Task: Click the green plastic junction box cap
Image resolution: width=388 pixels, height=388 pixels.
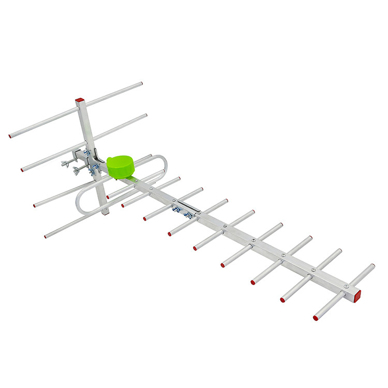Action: pos(121,166)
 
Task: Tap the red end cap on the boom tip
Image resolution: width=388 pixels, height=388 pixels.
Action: pos(356,295)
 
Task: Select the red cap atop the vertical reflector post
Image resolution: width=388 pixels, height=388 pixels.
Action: pos(79,100)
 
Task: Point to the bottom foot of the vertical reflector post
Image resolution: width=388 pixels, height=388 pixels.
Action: pos(105,211)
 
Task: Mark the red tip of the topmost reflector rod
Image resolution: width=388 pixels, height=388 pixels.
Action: pos(10,136)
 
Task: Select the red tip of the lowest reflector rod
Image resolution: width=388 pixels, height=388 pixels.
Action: pos(46,236)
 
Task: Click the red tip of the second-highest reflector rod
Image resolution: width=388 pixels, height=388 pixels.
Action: pos(22,170)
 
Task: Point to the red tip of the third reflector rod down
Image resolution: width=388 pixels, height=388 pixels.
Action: pos(35,205)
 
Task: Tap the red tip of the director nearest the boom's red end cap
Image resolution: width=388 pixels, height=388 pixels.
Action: pos(315,318)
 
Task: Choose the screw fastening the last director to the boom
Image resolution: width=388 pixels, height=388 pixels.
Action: pos(346,286)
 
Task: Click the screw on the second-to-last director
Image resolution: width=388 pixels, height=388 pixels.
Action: pos(313,270)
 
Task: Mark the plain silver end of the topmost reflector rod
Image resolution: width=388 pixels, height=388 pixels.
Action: pos(140,83)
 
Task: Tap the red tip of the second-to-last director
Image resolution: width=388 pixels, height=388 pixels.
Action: pos(282,300)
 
